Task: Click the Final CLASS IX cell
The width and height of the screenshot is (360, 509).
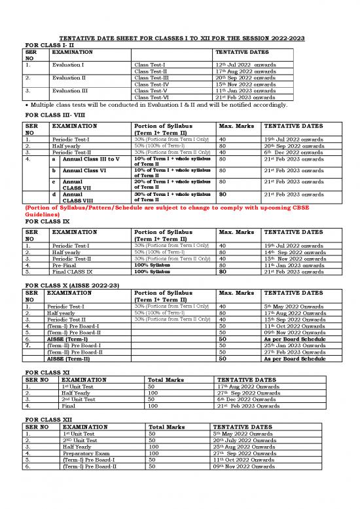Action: (73, 271)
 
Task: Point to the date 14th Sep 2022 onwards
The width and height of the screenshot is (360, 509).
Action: (293, 252)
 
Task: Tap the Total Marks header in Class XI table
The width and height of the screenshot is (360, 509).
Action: (169, 379)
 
